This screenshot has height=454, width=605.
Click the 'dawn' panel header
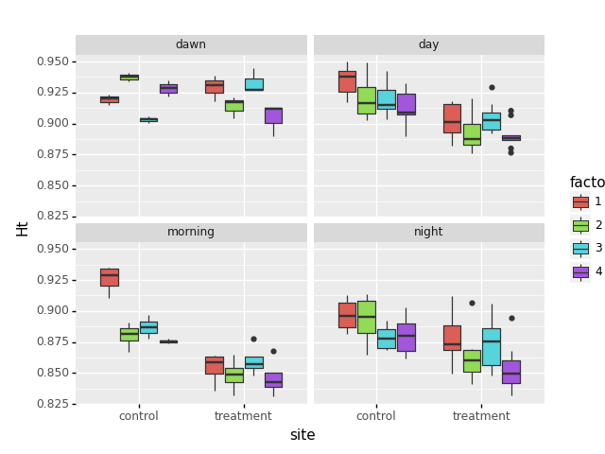pos(191,44)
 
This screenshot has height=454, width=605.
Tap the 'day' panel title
pos(428,44)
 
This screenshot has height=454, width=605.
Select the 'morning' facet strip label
pos(191,232)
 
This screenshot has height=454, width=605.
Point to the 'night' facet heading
pos(428,232)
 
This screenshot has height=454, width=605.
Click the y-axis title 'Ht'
pos(22,227)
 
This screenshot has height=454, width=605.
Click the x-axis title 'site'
pos(302,435)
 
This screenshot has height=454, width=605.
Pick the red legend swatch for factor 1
pos(580,201)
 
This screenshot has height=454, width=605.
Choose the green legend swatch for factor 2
pos(580,225)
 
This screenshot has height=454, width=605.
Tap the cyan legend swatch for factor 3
pos(580,248)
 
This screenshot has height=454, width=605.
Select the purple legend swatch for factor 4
pos(580,271)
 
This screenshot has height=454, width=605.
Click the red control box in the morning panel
pos(110,277)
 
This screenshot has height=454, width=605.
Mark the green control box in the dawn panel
pos(130,77)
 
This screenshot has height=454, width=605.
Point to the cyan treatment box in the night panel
pos(492,346)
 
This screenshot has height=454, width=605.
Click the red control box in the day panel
pos(347,81)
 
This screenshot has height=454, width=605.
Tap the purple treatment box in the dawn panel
pos(273,115)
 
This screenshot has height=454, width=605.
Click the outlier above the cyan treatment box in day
pos(492,87)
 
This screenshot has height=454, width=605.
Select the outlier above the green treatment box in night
pos(472,303)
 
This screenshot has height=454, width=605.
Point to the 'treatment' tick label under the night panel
pos(481,416)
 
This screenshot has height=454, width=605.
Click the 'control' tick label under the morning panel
pos(139,416)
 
